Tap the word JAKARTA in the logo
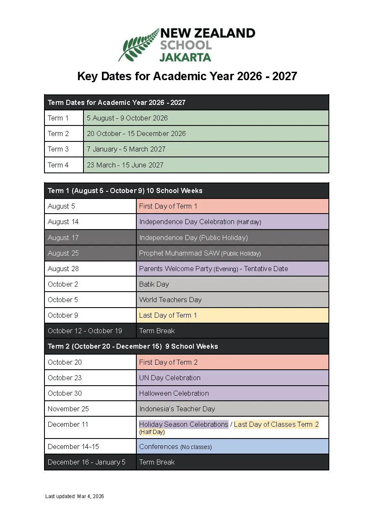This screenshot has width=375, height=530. [x=185, y=57]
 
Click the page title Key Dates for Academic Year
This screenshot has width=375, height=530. [x=187, y=76]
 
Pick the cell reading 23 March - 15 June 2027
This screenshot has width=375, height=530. [x=206, y=165]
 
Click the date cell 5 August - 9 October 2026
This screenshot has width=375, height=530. [x=206, y=118]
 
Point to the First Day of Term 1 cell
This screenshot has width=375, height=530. [x=232, y=206]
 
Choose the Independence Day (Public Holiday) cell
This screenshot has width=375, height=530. [x=232, y=238]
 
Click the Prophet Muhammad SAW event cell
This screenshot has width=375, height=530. [x=232, y=253]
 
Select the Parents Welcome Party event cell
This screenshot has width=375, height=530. [x=232, y=269]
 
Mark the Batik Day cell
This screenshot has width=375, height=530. [x=232, y=284]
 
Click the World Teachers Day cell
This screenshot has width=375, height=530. [x=232, y=300]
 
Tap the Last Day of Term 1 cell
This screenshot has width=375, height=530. [x=232, y=315]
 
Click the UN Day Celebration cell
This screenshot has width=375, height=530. [x=232, y=378]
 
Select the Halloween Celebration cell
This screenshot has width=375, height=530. [x=232, y=393]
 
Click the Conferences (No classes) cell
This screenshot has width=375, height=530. [x=232, y=446]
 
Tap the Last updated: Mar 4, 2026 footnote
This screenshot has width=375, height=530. [x=75, y=496]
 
